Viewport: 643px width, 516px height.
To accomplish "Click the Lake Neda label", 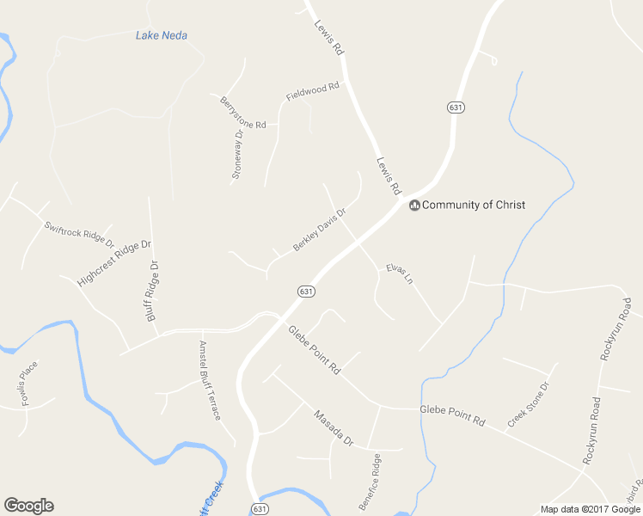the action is click(162, 35).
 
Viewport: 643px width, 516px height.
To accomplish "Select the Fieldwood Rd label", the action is click(313, 92).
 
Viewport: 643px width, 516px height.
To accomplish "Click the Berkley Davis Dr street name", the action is click(319, 230).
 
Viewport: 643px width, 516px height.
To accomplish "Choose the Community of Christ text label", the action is click(473, 205).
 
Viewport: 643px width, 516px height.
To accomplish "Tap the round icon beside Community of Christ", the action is click(414, 205).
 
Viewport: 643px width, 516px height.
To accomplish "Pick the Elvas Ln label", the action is click(399, 273).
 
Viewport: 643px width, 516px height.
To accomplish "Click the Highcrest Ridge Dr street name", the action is click(113, 263).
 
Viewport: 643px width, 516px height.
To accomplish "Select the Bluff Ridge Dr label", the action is click(153, 292).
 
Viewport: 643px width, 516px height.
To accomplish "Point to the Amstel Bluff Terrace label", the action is click(210, 380).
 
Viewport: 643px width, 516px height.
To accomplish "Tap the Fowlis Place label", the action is click(28, 383).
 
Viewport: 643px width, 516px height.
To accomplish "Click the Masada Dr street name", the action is click(333, 427).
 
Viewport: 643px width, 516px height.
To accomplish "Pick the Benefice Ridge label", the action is click(370, 482).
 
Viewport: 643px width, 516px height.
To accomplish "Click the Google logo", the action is click(28, 506).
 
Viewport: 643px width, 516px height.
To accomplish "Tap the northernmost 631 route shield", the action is click(456, 107).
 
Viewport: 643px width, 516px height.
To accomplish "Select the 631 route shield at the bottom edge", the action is click(260, 509).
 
